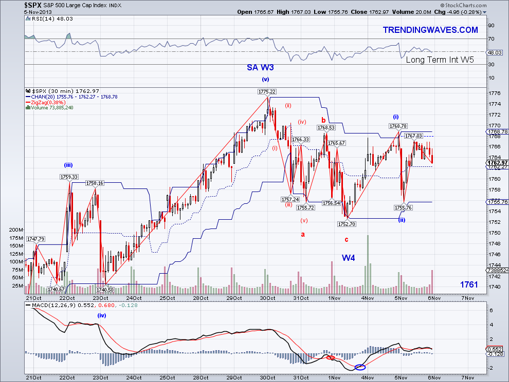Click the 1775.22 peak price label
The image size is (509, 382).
point(267,91)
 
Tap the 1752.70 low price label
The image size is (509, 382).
point(348,224)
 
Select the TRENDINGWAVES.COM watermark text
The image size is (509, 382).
point(430,30)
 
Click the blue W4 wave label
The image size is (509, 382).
point(348,257)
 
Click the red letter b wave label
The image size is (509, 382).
point(324,120)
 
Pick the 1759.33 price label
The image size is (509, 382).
point(68,177)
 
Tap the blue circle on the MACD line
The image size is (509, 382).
point(360,367)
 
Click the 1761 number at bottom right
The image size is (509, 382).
point(469,284)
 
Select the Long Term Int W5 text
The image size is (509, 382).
point(440,60)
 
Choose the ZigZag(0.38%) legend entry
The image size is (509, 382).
point(45,102)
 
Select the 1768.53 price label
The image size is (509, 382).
point(326,128)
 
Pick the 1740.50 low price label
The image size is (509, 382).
point(104,290)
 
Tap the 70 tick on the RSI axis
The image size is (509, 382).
point(491,39)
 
